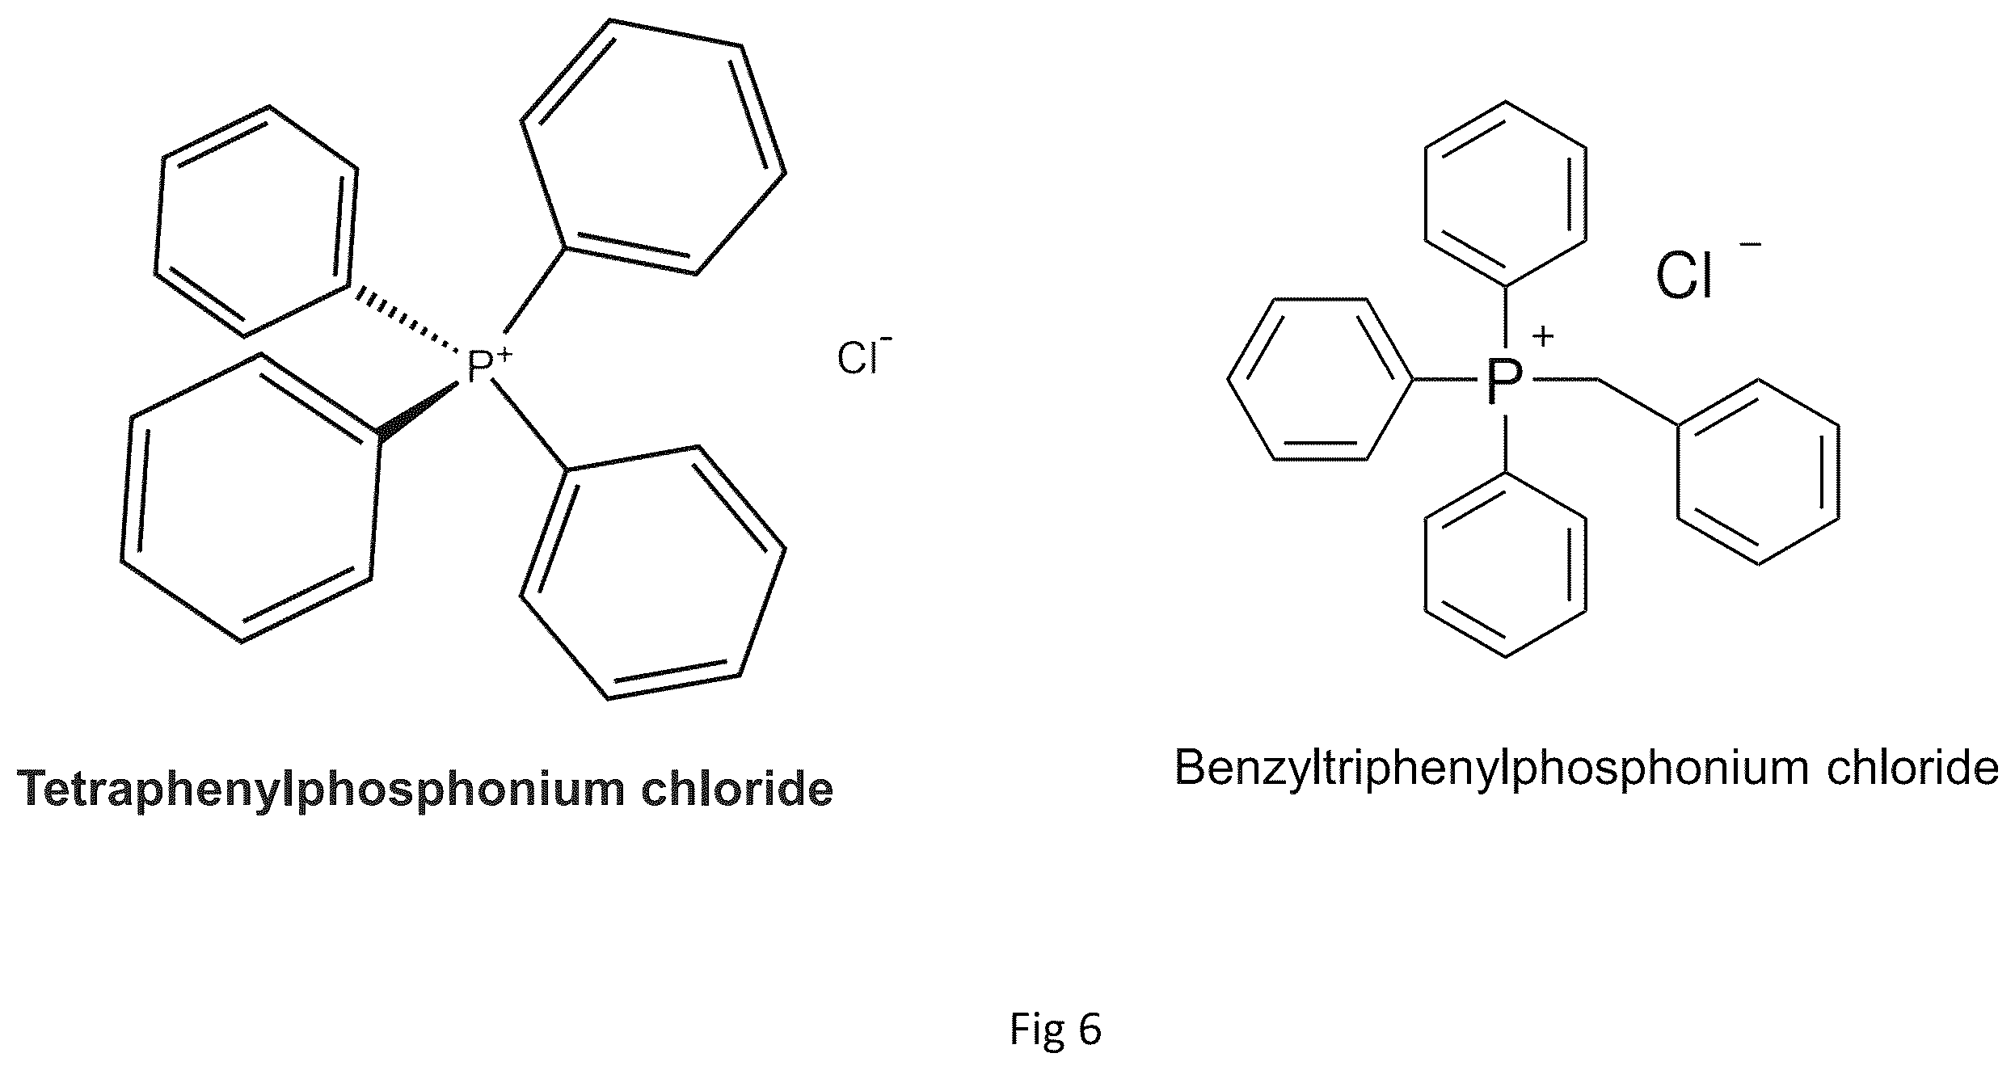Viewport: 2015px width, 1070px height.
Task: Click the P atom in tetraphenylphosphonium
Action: point(480,368)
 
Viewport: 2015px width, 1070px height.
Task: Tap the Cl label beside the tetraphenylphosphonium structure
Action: point(858,359)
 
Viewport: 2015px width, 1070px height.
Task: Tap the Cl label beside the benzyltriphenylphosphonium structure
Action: point(1684,276)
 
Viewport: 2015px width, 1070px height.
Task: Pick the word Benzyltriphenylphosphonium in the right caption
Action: point(1491,768)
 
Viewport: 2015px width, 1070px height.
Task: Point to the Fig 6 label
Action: point(1055,1030)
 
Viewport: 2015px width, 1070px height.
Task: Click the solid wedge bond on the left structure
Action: point(419,415)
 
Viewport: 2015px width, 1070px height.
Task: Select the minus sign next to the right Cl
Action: point(1751,243)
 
